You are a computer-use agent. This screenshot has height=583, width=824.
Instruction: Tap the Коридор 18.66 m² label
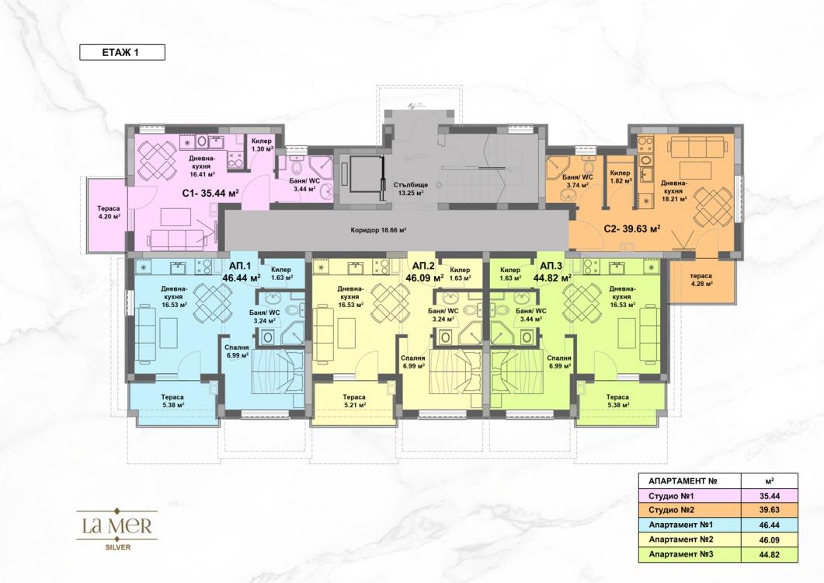click(379, 231)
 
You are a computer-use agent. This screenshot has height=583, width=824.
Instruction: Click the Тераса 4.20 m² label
click(106, 211)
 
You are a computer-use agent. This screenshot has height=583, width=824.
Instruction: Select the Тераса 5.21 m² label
click(354, 401)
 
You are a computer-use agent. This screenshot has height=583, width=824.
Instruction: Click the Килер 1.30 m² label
click(261, 145)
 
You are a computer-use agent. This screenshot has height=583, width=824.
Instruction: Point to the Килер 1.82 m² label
click(620, 176)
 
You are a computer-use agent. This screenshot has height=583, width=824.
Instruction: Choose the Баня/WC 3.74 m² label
click(577, 182)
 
